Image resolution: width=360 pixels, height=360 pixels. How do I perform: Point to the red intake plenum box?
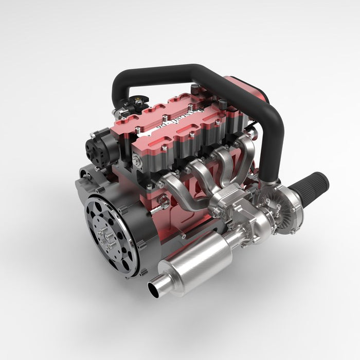coord(247,93)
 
